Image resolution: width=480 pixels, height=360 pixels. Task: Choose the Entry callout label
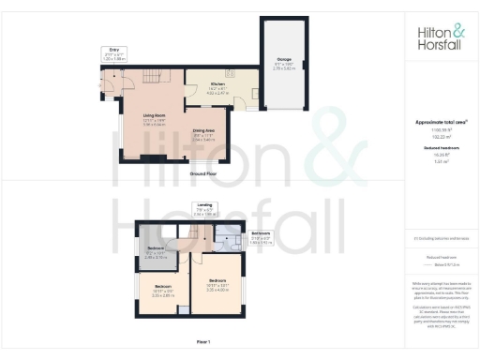[113, 55]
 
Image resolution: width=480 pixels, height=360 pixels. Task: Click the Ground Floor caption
[203, 173]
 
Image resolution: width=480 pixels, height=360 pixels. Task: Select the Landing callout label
[203, 209]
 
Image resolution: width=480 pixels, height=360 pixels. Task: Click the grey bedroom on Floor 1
[156, 251]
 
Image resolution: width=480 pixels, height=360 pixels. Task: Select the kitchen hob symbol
[228, 73]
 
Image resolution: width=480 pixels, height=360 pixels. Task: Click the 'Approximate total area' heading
[439, 123]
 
